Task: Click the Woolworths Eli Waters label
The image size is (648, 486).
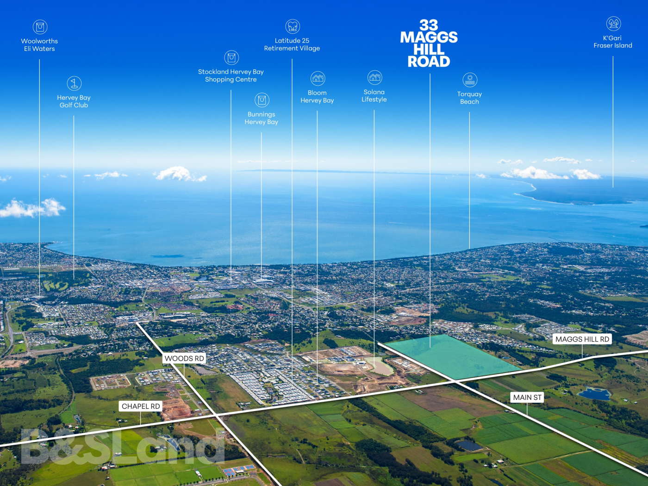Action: (x=39, y=45)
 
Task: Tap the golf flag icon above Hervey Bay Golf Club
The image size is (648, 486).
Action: (x=74, y=83)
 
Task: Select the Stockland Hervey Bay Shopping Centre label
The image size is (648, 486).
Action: (x=231, y=75)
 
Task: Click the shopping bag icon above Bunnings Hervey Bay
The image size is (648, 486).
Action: (x=262, y=100)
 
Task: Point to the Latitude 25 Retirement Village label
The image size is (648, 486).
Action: (x=292, y=44)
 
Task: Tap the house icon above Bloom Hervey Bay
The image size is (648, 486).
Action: (x=318, y=79)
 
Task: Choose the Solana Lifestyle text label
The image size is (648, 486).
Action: (x=374, y=96)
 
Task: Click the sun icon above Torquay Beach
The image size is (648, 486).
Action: (x=470, y=80)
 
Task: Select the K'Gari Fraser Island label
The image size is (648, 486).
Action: (x=613, y=42)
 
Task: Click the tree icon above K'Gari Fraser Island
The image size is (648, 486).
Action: (x=613, y=24)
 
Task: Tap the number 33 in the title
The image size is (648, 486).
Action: (x=429, y=25)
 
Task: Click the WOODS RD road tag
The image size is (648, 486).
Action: (x=184, y=359)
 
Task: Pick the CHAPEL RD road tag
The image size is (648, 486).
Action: (x=141, y=406)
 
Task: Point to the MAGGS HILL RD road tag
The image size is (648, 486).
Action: (x=582, y=339)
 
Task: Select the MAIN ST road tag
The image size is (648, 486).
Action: (x=527, y=398)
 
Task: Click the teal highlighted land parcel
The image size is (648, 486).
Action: (x=452, y=355)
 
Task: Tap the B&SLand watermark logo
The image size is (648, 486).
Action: (x=123, y=446)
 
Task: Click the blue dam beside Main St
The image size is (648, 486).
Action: (x=594, y=393)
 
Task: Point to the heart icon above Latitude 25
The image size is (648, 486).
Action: (x=293, y=26)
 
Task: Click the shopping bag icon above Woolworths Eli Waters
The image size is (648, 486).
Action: (x=40, y=27)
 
